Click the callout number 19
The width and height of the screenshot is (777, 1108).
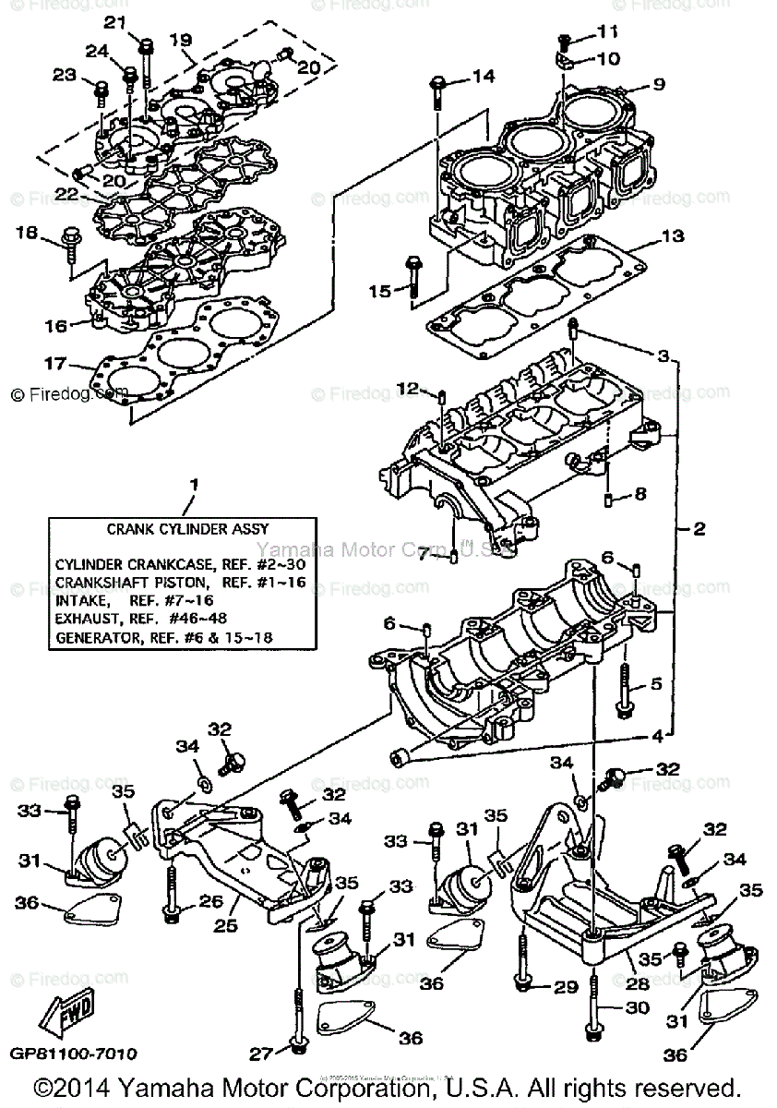180,40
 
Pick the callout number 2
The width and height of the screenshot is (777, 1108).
699,529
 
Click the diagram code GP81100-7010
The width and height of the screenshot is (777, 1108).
74,1054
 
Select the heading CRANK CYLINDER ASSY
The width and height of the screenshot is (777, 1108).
187,529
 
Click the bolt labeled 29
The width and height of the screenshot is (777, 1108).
525,972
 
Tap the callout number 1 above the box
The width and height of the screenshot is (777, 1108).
194,484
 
